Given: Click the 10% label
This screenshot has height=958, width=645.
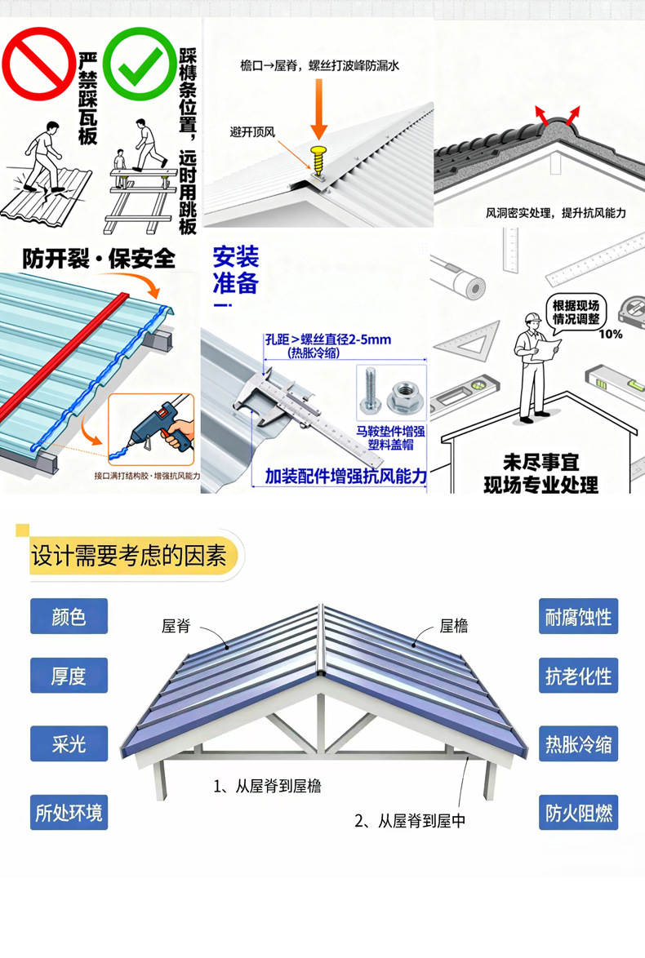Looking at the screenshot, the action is coord(610,334).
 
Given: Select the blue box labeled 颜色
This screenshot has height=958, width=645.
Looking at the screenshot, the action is coord(69,617).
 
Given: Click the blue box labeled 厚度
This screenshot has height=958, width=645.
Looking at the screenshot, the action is coord(69,676).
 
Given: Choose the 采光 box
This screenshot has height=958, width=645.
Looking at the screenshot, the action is coord(69,744).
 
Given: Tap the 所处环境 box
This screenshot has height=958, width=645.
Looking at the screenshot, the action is coord(69,813).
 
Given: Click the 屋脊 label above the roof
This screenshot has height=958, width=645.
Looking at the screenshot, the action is coord(176,626).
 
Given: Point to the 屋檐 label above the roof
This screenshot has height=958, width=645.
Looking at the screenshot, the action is coord(454,626).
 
